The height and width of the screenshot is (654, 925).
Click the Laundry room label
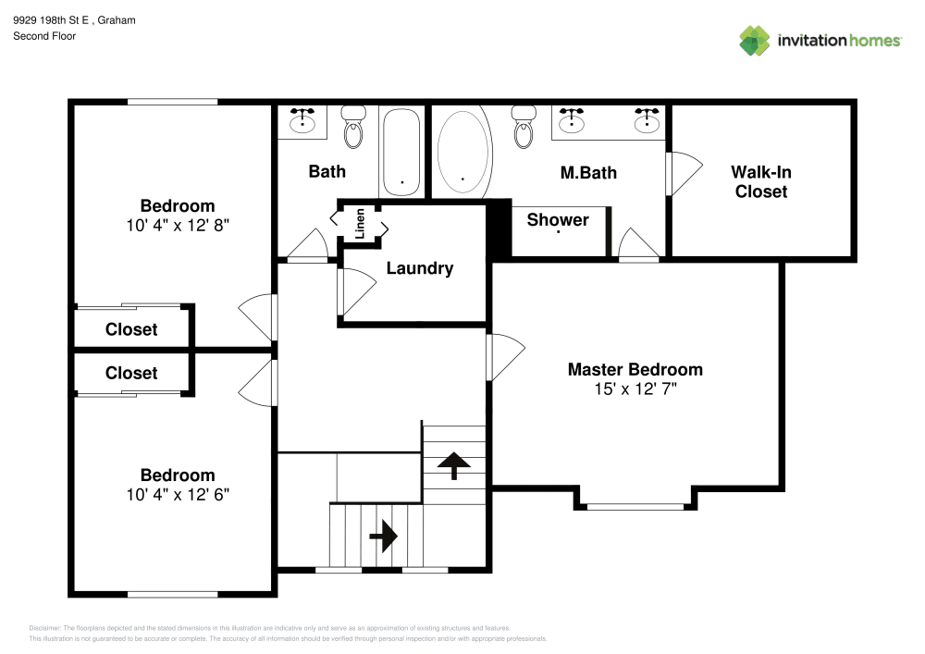point(419,268)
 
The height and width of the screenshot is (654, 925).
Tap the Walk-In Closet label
point(761,181)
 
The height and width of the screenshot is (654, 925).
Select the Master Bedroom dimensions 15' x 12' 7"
point(635,389)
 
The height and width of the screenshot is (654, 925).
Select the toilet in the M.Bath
point(524,129)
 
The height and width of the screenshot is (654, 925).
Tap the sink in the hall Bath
point(302,120)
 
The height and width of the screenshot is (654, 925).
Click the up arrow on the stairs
point(453,465)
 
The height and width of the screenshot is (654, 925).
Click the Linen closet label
point(360,223)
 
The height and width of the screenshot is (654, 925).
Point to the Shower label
point(558,219)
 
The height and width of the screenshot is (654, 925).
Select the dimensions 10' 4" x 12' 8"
point(178,225)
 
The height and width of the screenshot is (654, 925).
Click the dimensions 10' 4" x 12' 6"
point(178,494)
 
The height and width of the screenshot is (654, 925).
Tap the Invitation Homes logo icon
point(755,40)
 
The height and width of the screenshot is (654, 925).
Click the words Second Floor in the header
point(44,36)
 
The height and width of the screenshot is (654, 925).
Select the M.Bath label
point(588,172)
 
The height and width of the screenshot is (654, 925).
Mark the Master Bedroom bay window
point(635,506)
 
